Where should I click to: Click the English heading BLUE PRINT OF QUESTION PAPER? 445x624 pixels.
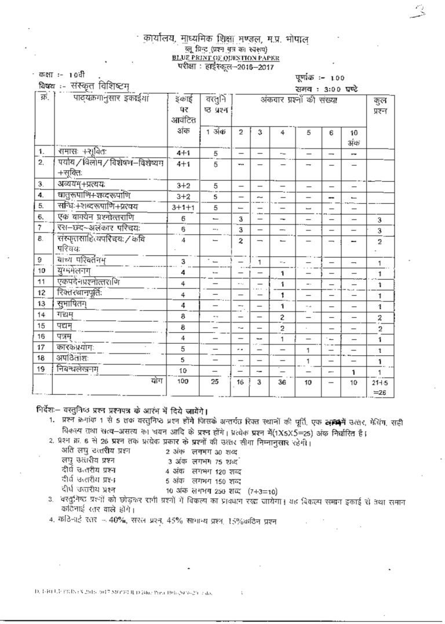[x=225, y=58]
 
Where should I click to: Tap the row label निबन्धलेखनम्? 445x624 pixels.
[x=82, y=371]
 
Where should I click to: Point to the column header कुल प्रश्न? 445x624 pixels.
[x=379, y=105]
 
